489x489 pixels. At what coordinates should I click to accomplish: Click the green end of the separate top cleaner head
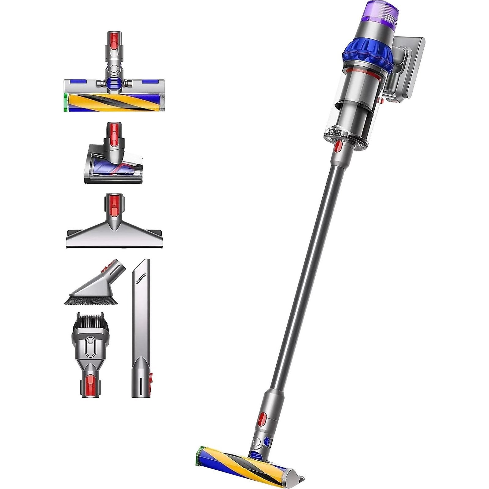(65, 103)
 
